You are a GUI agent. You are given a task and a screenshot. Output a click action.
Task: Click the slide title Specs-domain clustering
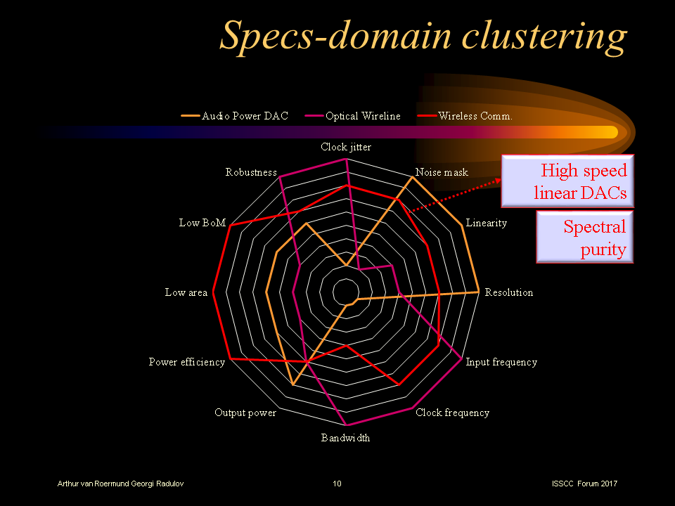[423, 36]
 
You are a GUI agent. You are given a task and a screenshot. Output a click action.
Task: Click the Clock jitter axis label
[346, 147]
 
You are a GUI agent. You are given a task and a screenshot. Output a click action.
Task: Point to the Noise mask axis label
[442, 172]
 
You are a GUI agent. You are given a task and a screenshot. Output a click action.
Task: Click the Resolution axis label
[509, 292]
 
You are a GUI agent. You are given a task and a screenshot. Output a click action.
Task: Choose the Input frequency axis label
[501, 362]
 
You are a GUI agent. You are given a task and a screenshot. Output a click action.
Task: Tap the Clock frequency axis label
[452, 413]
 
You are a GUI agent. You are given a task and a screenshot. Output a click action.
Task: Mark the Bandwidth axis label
[346, 438]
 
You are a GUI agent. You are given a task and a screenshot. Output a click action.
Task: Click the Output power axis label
[245, 413]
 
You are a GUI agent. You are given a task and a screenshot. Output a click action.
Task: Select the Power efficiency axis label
[186, 362]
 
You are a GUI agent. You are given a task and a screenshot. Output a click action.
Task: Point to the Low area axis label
[186, 292]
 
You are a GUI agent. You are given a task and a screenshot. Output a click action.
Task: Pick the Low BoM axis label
[202, 223]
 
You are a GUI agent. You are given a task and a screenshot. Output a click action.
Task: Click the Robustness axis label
[251, 172]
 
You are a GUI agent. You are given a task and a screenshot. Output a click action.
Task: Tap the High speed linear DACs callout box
[567, 181]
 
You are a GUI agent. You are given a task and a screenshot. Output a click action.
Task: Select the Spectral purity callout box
[585, 238]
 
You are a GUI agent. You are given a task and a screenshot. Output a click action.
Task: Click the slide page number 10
[337, 484]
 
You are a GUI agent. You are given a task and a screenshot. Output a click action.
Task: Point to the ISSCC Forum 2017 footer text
[585, 484]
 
